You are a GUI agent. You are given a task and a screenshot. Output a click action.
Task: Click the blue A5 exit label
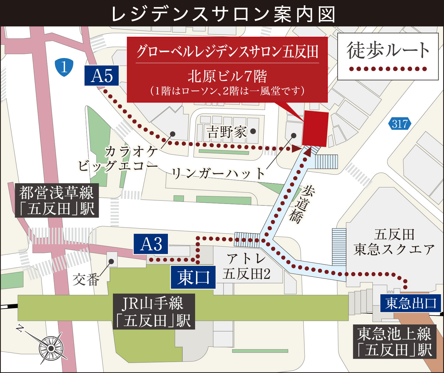tap(102, 76)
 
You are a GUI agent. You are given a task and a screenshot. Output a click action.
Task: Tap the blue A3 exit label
tap(151, 244)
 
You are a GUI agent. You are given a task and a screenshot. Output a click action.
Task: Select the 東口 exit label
tap(193, 277)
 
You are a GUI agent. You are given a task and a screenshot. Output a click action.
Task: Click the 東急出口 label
tap(410, 303)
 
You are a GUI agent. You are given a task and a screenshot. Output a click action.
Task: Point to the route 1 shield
tap(64, 67)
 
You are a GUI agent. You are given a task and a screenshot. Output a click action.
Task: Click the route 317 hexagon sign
tap(400, 124)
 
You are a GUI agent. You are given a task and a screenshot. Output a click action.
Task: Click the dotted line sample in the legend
tap(388, 69)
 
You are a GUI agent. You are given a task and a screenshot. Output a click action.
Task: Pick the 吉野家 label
tap(226, 132)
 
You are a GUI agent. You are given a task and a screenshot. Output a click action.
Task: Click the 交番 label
tap(86, 279)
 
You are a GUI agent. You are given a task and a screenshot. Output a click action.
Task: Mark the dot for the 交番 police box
tap(111, 261)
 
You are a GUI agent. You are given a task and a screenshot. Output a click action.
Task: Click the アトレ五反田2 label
tap(246, 266)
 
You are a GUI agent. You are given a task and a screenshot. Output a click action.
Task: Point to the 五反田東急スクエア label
tap(394, 242)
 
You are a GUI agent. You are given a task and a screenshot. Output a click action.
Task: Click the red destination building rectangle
tap(315, 129)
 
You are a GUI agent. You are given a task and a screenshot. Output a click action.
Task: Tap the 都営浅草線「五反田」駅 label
tap(56, 201)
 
